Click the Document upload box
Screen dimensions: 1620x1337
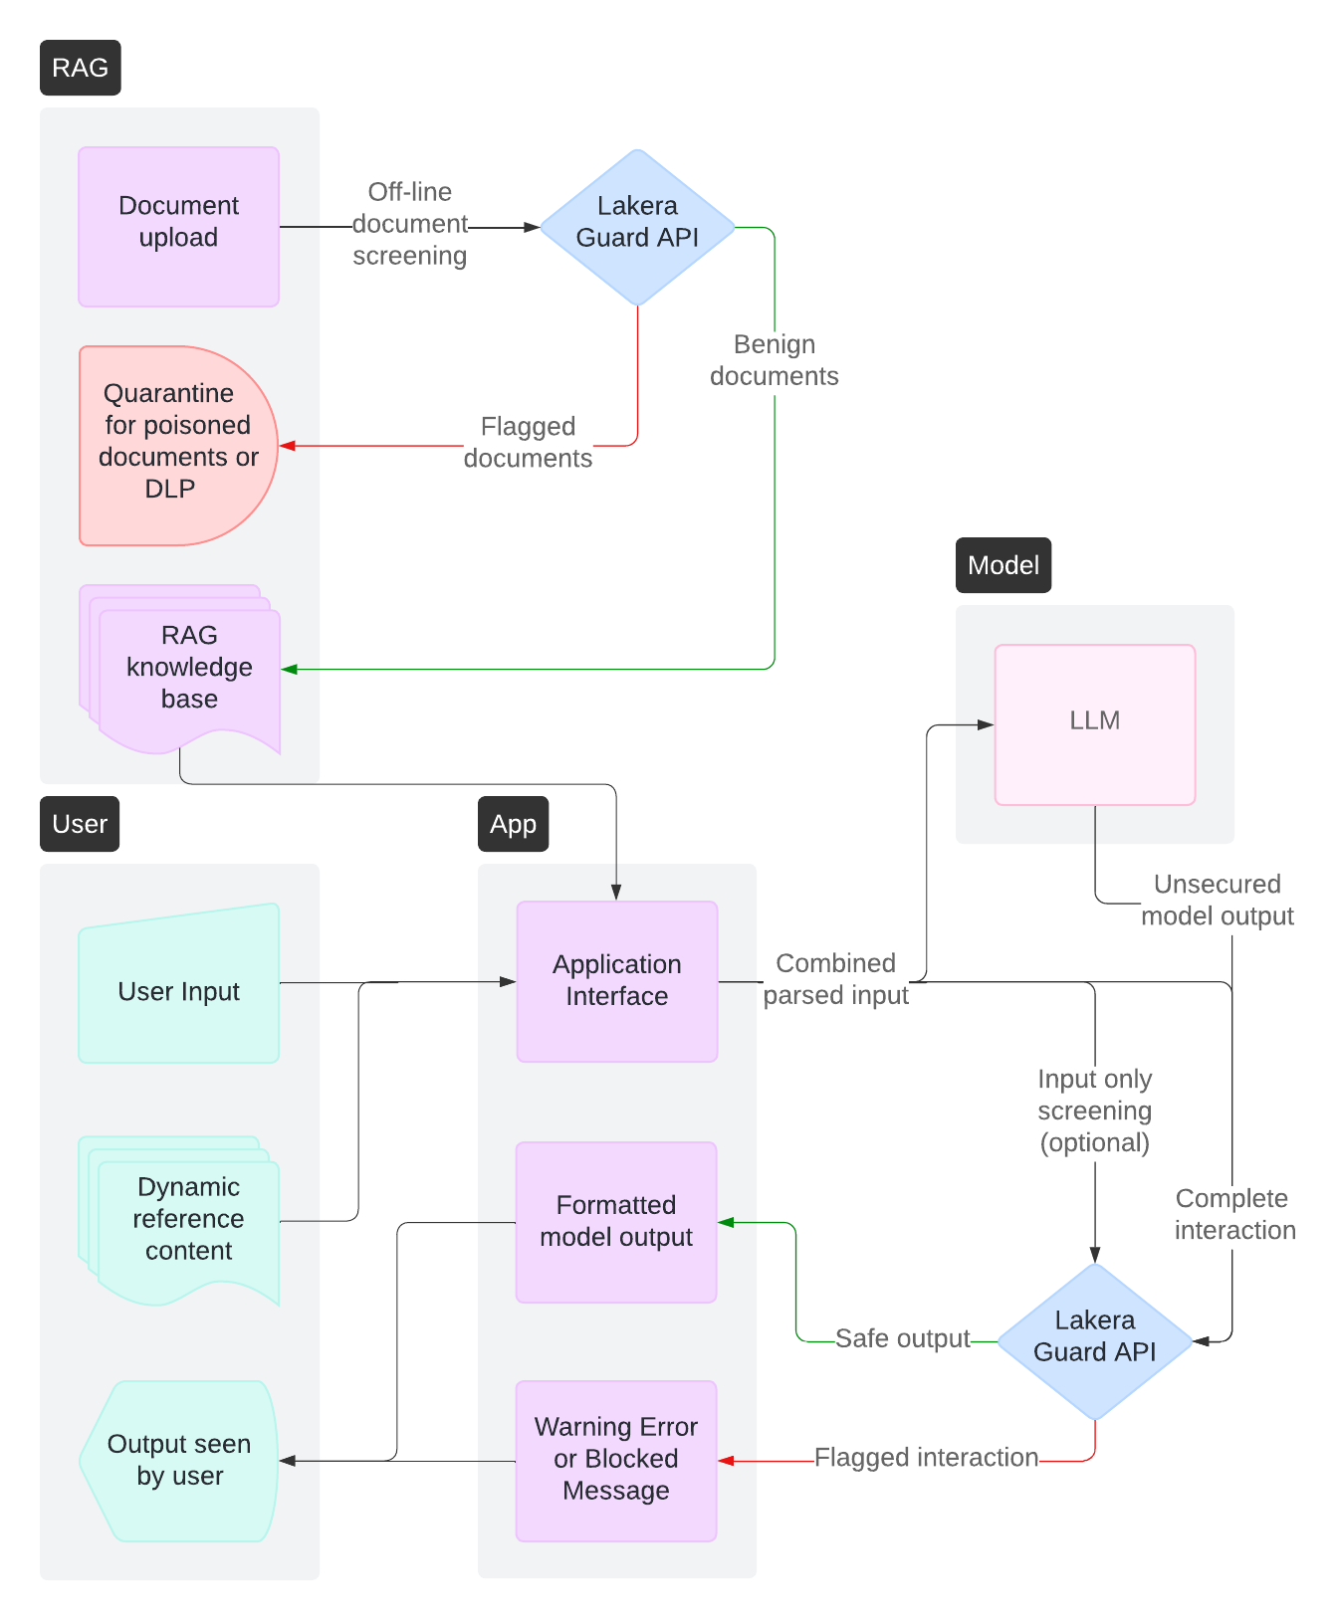pyautogui.click(x=178, y=227)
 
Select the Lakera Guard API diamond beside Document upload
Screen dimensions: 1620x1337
pyautogui.click(x=637, y=227)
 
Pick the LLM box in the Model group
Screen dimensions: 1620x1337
pyautogui.click(x=1094, y=724)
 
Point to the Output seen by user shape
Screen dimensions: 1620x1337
pyautogui.click(x=178, y=1460)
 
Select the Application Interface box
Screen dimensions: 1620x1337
pyautogui.click(x=616, y=981)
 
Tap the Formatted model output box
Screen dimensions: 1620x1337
pyautogui.click(x=615, y=1222)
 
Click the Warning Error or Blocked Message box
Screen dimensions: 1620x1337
pyautogui.click(x=615, y=1460)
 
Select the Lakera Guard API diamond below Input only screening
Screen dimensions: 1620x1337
pyautogui.click(x=1094, y=1340)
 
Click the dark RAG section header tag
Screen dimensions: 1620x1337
pyautogui.click(x=80, y=68)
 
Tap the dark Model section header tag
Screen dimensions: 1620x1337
pyautogui.click(x=1003, y=565)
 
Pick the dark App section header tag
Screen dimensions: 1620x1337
pyautogui.click(x=513, y=824)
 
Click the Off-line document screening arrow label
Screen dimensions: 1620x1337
pyautogui.click(x=409, y=224)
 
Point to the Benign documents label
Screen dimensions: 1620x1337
pyautogui.click(x=774, y=360)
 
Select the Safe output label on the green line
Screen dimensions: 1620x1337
pyautogui.click(x=902, y=1339)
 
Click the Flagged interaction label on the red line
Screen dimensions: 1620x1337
pyautogui.click(x=926, y=1458)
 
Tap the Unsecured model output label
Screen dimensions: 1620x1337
pyautogui.click(x=1217, y=900)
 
